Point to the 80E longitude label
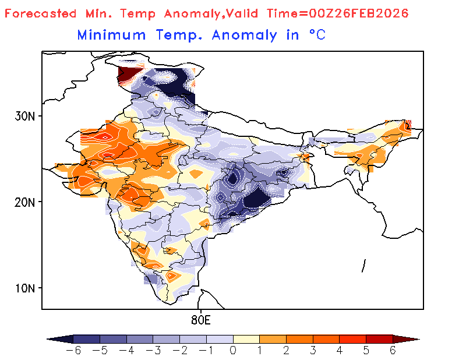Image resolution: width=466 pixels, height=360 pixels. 200,320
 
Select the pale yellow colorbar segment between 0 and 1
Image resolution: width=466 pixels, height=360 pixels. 246,338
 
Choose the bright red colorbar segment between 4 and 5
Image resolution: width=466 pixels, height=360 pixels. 352,338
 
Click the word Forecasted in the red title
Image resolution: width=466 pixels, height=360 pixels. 40,13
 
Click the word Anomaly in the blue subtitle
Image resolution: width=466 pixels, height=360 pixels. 245,35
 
